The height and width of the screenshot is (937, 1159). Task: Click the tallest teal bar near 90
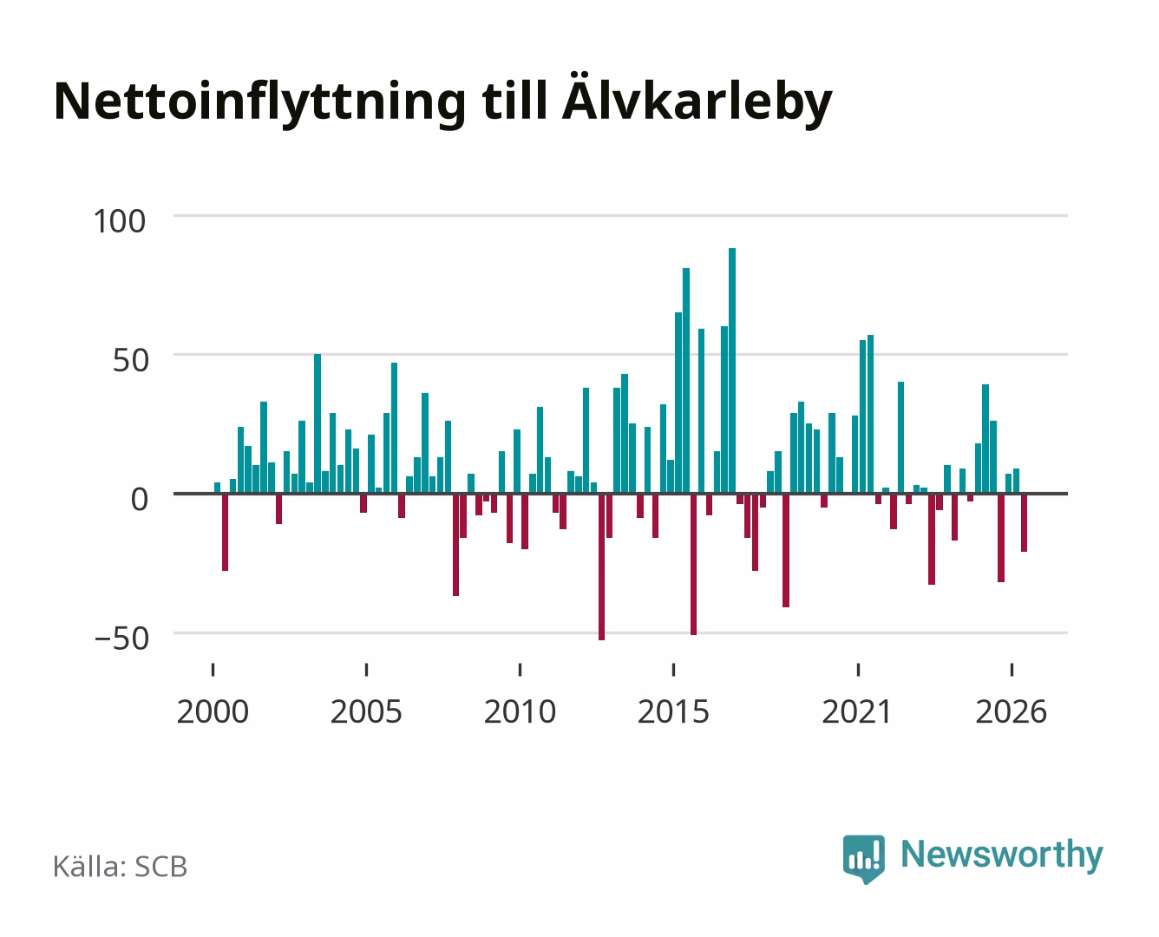pyautogui.click(x=732, y=370)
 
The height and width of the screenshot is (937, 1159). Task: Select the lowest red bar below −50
pyautogui.click(x=601, y=567)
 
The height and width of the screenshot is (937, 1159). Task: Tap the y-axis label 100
pyautogui.click(x=119, y=221)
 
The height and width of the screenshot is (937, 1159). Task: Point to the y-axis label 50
pyautogui.click(x=130, y=360)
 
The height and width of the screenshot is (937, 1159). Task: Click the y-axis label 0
pyautogui.click(x=140, y=499)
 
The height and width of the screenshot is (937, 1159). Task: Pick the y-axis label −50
pyautogui.click(x=121, y=639)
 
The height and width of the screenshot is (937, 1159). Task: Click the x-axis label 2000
pyautogui.click(x=213, y=711)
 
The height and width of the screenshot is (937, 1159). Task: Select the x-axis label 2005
pyautogui.click(x=366, y=711)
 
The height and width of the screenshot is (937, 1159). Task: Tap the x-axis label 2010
pyautogui.click(x=520, y=711)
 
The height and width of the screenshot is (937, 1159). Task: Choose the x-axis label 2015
pyautogui.click(x=673, y=711)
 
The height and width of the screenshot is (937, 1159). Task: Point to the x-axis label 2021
pyautogui.click(x=857, y=711)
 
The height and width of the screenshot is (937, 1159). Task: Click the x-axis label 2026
pyautogui.click(x=1011, y=711)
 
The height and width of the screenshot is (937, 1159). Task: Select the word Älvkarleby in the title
pyautogui.click(x=697, y=100)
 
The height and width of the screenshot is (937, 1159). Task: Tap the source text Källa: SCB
pyautogui.click(x=120, y=866)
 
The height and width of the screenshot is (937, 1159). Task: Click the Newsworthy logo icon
pyautogui.click(x=863, y=858)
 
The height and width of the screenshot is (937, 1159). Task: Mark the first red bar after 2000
pyautogui.click(x=225, y=532)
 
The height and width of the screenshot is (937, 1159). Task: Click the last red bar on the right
pyautogui.click(x=1024, y=522)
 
